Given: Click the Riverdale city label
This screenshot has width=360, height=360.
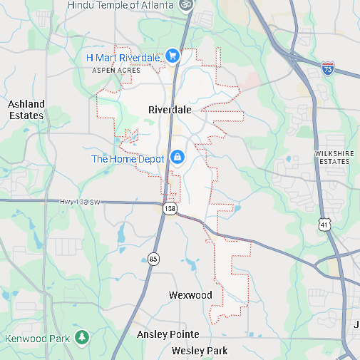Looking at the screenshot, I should click(170, 110).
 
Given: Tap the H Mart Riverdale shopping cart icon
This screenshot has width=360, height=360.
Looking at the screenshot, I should click(171, 56).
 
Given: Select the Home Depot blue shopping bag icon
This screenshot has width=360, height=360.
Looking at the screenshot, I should click(176, 158).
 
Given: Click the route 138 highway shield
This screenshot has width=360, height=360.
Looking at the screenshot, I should click(170, 208).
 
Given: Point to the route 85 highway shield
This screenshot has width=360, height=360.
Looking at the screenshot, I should click(153, 258).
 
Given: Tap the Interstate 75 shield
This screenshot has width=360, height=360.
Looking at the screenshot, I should click(328, 68).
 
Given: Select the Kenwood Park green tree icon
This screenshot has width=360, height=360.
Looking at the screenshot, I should click(82, 336).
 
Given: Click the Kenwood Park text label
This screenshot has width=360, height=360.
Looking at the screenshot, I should click(38, 338).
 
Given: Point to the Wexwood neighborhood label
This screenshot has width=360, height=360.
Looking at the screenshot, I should click(190, 295).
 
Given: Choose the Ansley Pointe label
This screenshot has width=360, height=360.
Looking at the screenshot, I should click(168, 334).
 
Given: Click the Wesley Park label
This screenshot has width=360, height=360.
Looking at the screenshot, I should click(200, 351).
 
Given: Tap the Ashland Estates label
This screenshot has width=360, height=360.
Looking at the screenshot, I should click(26, 110).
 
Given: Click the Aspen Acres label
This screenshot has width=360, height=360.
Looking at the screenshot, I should click(113, 71).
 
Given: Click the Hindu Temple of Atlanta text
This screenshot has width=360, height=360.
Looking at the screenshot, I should click(121, 5).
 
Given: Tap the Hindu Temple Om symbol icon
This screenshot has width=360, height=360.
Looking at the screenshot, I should click(186, 4).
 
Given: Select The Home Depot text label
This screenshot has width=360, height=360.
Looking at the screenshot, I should click(128, 158).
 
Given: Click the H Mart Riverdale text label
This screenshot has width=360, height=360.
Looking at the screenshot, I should click(123, 56).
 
